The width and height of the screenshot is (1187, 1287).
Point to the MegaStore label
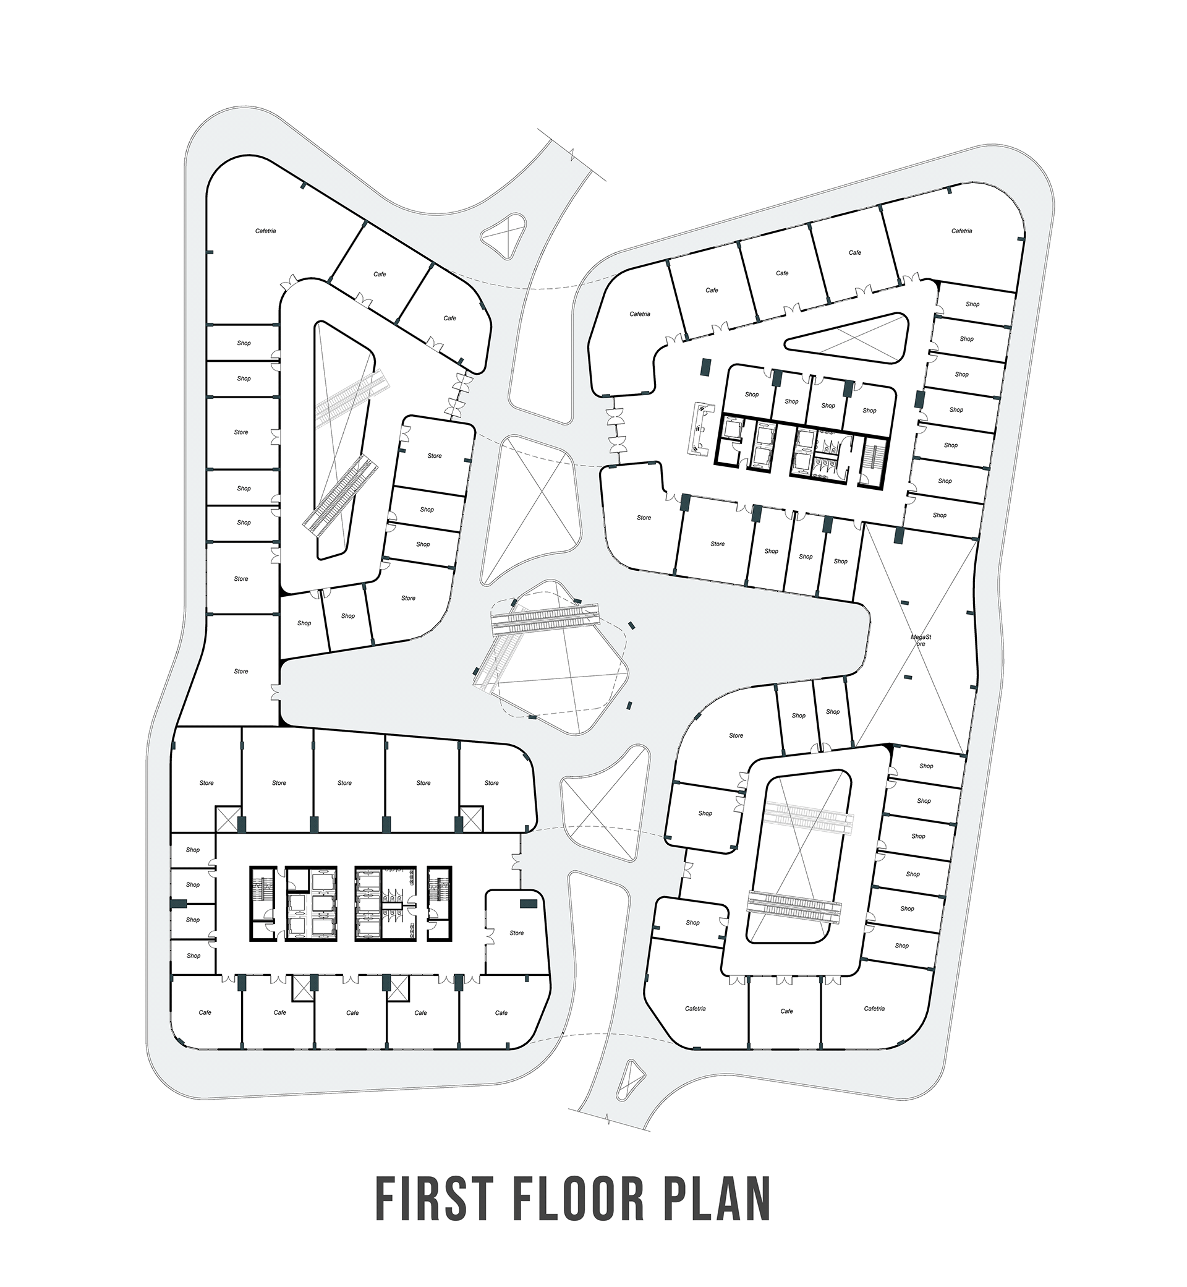921,640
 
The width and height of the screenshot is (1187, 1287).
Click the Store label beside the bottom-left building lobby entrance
516,933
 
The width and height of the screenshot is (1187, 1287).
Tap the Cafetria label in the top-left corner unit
265,231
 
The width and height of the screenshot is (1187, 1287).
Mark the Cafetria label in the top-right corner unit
961,231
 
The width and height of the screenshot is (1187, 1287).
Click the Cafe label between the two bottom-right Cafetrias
786,1011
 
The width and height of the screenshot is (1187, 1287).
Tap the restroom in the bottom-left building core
393,906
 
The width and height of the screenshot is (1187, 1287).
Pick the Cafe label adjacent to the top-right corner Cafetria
854,252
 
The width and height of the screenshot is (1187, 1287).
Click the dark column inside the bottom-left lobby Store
528,904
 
